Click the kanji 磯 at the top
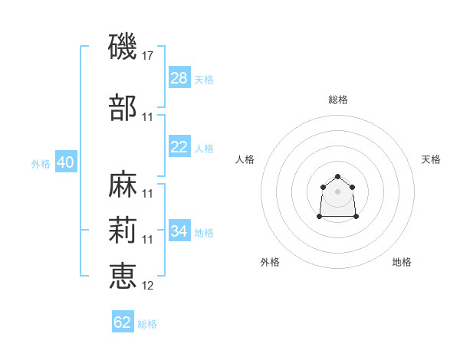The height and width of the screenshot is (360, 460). (x=123, y=47)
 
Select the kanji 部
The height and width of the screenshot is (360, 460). (x=123, y=107)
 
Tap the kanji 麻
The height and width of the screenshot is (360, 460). (x=123, y=184)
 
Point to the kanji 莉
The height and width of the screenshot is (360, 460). (x=123, y=230)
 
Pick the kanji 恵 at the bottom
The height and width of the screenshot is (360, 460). (x=123, y=276)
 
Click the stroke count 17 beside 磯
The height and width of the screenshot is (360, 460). (x=147, y=56)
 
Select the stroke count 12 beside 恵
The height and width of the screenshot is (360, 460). (x=147, y=286)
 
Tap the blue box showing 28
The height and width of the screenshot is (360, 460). (x=179, y=77)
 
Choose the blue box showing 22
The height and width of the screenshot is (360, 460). (x=179, y=146)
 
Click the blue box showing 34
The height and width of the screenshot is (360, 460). (x=179, y=230)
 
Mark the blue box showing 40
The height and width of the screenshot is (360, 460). (x=66, y=162)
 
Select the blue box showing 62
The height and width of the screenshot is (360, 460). (x=123, y=321)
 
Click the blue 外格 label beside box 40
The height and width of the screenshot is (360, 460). (x=41, y=164)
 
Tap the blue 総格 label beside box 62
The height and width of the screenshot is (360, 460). (x=147, y=324)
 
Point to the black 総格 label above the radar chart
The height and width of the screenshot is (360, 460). (x=338, y=100)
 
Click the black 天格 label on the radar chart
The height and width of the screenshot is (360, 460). (x=431, y=159)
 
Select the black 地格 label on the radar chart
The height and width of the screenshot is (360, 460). (x=402, y=262)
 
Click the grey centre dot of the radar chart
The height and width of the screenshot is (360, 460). (x=337, y=191)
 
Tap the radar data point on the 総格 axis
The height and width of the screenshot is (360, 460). (x=337, y=176)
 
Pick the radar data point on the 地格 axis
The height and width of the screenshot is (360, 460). (x=356, y=216)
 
